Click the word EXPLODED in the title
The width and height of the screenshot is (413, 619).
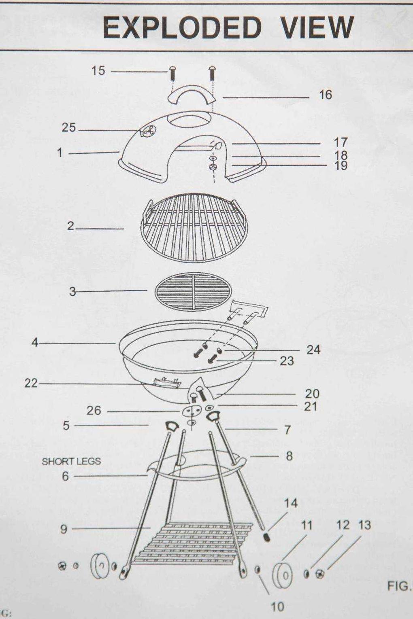point(182,28)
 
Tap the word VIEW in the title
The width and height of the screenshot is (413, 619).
point(317,28)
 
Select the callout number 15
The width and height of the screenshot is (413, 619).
point(98,71)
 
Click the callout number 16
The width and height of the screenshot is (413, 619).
point(325,95)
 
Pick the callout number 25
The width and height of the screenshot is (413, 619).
point(68,128)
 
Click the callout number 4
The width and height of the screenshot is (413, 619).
point(35,343)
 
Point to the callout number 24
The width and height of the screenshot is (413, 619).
point(313,350)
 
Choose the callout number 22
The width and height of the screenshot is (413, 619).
point(31,383)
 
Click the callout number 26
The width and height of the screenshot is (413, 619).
point(94,411)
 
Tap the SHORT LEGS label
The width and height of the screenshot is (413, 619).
point(71,461)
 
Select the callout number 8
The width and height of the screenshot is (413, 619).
point(289,456)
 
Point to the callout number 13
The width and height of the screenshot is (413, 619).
point(364,525)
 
